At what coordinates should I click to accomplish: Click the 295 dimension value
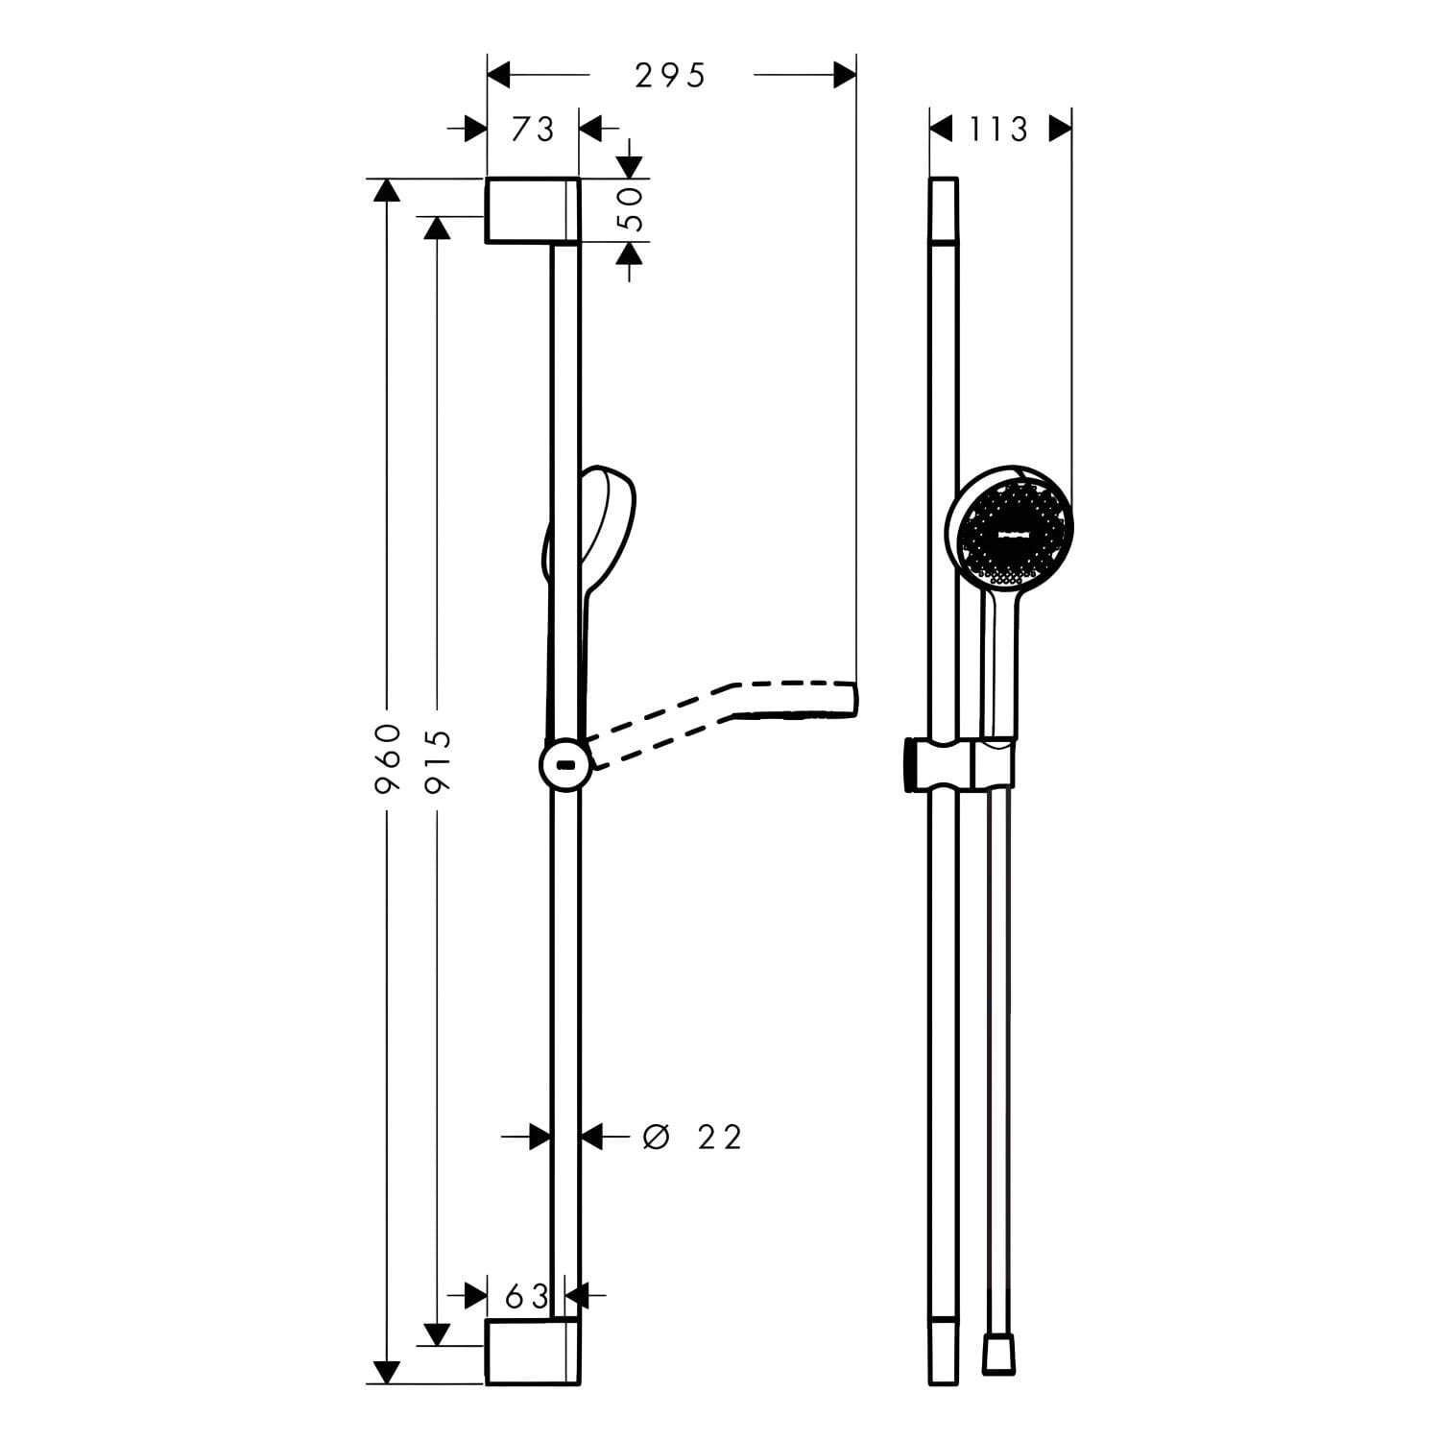pos(670,75)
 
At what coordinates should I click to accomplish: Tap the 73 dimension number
pos(533,129)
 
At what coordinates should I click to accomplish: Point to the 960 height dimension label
pos(387,758)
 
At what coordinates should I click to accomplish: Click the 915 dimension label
pos(438,760)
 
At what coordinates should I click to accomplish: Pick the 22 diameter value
pos(720,1138)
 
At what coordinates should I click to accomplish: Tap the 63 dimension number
pos(527,1297)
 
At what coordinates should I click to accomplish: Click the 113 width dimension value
pos(998,129)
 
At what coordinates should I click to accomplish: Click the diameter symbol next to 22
pos(656,1138)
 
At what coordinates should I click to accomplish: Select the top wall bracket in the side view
pos(533,210)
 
